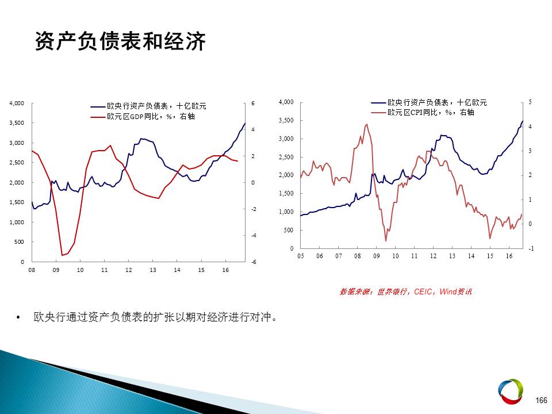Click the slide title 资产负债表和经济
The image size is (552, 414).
click(x=120, y=41)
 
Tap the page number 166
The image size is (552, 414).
click(x=541, y=400)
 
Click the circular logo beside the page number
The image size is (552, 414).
click(x=511, y=392)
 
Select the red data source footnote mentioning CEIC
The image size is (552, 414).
click(x=405, y=292)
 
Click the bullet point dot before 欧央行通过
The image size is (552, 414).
click(x=18, y=318)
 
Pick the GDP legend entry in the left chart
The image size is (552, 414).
click(x=143, y=117)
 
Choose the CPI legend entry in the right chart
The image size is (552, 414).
click(x=423, y=112)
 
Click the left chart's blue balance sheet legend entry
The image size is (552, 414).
click(x=148, y=106)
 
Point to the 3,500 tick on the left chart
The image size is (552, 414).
click(x=17, y=123)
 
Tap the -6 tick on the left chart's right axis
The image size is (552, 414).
click(x=253, y=262)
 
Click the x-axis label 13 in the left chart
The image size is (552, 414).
click(x=153, y=270)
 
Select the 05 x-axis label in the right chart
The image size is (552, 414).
click(x=301, y=256)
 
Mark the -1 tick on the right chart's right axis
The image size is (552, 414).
click(x=531, y=248)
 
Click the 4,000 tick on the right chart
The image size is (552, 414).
click(x=286, y=102)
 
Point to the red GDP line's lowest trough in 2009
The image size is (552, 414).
click(x=62, y=255)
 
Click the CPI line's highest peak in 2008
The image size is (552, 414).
click(x=367, y=124)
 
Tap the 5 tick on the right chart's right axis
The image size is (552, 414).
click(x=530, y=102)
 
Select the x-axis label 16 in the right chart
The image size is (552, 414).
click(x=509, y=256)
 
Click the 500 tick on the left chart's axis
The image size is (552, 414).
click(x=19, y=242)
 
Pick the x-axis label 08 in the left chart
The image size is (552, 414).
click(x=32, y=270)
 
